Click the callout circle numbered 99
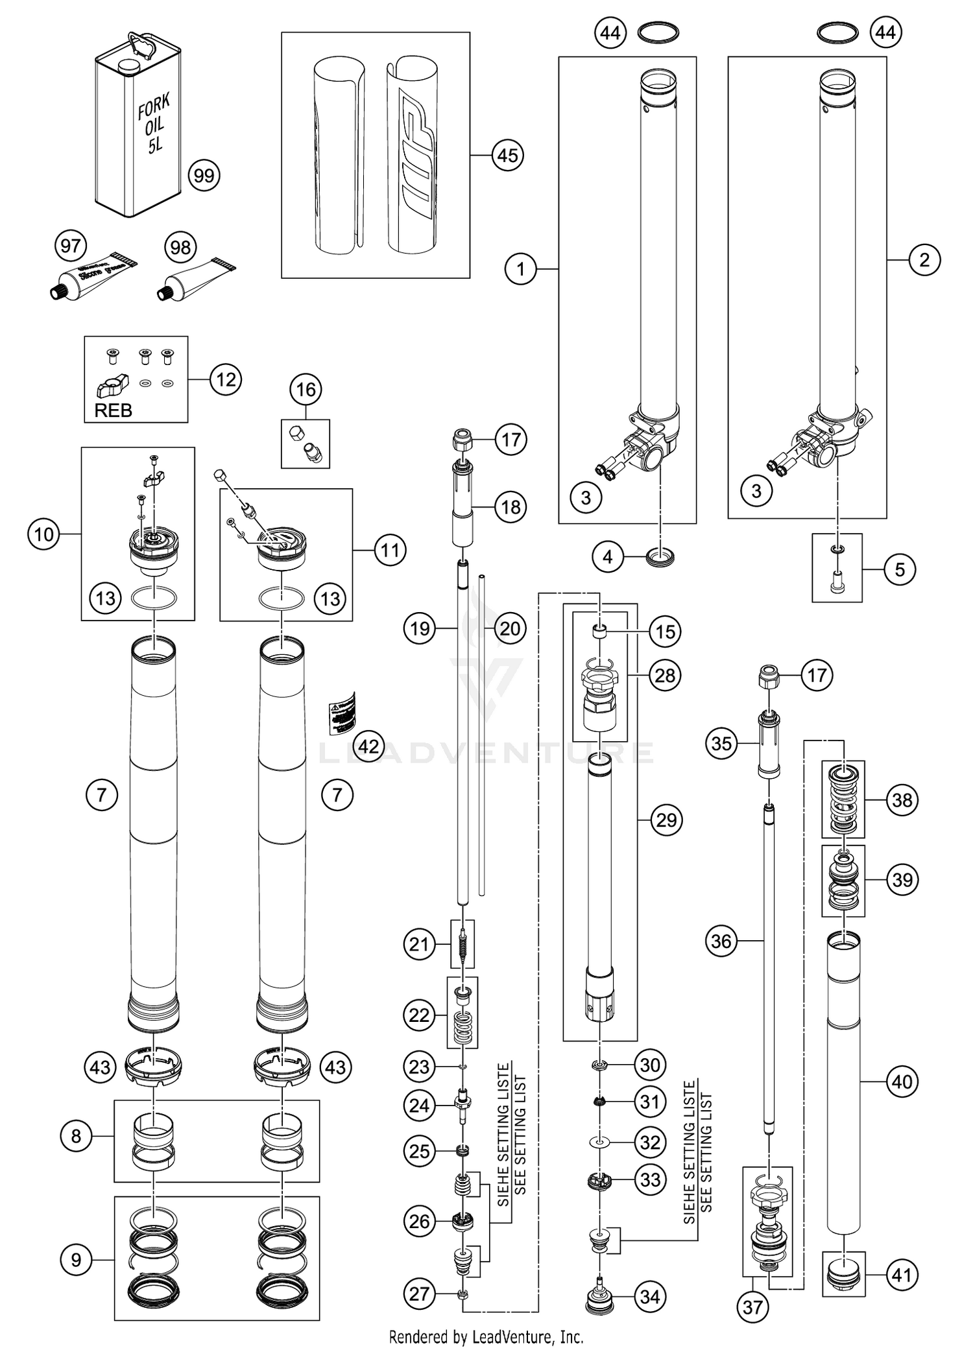[204, 176]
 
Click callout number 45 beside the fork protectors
[507, 155]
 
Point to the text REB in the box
[113, 410]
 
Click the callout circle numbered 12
[225, 379]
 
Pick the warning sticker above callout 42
[343, 713]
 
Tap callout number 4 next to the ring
[608, 557]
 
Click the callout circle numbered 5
[899, 570]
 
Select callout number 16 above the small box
[306, 390]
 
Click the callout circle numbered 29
[666, 820]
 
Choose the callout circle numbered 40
[902, 1082]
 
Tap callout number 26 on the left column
[420, 1222]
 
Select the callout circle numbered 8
[76, 1136]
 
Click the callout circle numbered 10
[43, 534]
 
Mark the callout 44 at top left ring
[610, 32]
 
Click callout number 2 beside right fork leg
[924, 260]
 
